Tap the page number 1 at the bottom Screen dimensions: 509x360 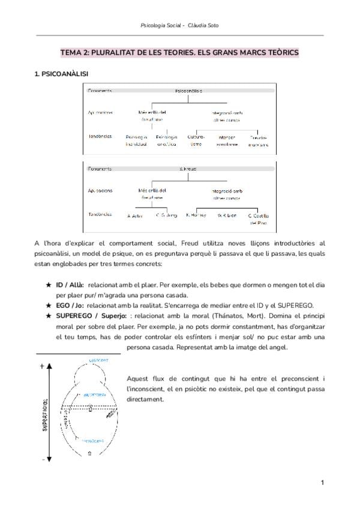click(323, 483)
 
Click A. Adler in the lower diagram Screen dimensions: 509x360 click(134, 215)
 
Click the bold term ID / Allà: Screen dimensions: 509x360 click(70, 286)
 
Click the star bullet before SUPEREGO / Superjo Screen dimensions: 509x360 click(49, 316)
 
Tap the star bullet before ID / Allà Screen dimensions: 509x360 click(49, 286)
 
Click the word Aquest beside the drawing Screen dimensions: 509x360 click(139, 378)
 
